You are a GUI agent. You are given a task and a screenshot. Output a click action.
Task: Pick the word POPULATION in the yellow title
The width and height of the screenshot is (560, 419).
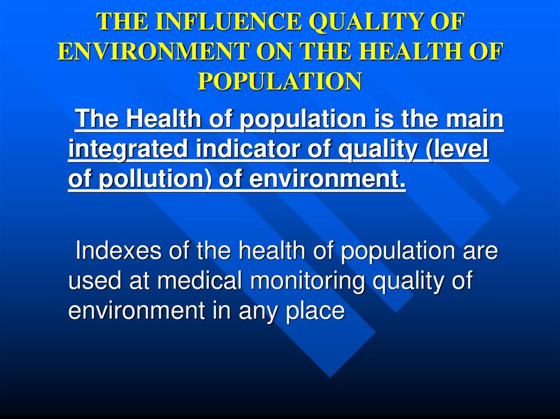point(279,81)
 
